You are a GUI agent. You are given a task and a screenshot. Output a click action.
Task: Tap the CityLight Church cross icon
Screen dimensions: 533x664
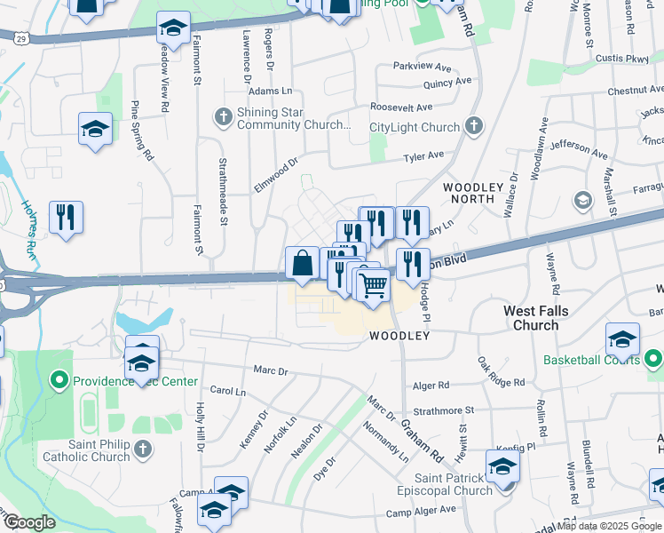tap(473, 126)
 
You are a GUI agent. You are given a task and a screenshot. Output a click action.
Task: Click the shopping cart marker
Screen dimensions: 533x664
tap(374, 286)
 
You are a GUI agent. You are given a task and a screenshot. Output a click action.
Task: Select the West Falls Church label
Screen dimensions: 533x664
tap(535, 318)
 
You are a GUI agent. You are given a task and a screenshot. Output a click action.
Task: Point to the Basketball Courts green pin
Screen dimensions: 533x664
tap(653, 360)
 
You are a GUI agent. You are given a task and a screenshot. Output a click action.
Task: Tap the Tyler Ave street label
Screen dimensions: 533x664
tap(423, 156)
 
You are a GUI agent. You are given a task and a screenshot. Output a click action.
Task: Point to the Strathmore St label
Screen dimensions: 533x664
tap(444, 410)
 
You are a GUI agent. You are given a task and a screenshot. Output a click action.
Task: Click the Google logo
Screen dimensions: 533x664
tap(29, 521)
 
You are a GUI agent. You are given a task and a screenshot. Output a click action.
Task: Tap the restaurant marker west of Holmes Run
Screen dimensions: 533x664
tap(66, 218)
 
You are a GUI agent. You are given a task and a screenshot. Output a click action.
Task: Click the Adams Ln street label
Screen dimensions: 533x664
tap(271, 91)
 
